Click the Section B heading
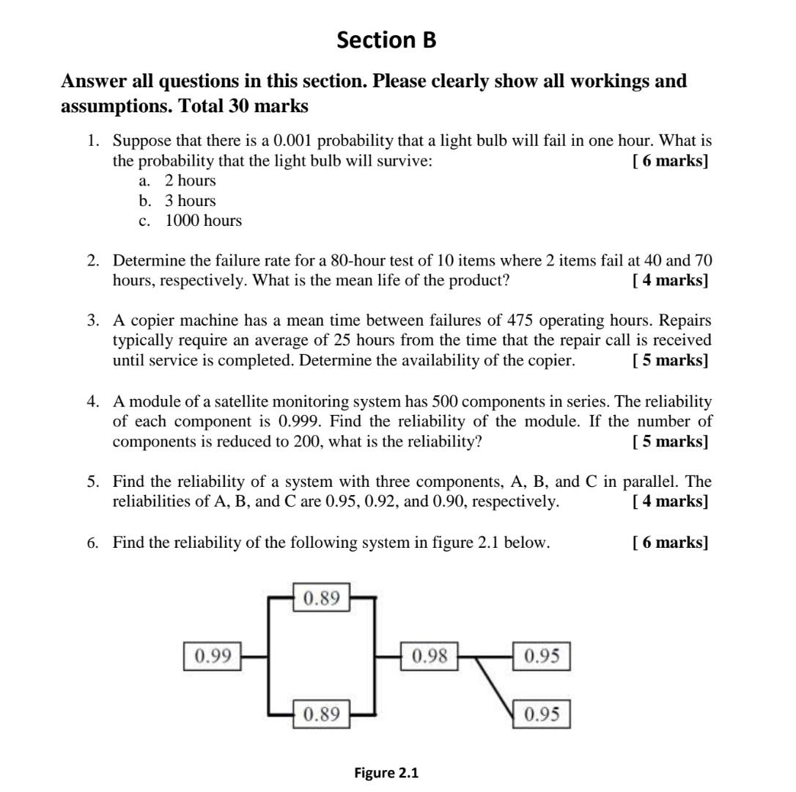[386, 40]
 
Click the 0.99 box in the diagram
[213, 656]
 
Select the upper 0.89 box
[321, 598]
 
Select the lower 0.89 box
[321, 714]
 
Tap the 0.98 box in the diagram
[430, 656]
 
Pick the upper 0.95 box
[542, 656]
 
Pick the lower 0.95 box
[542, 714]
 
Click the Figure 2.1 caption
[386, 773]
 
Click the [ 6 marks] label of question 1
[670, 161]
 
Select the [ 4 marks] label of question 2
[670, 280]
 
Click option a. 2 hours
[190, 180]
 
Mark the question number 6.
[92, 543]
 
